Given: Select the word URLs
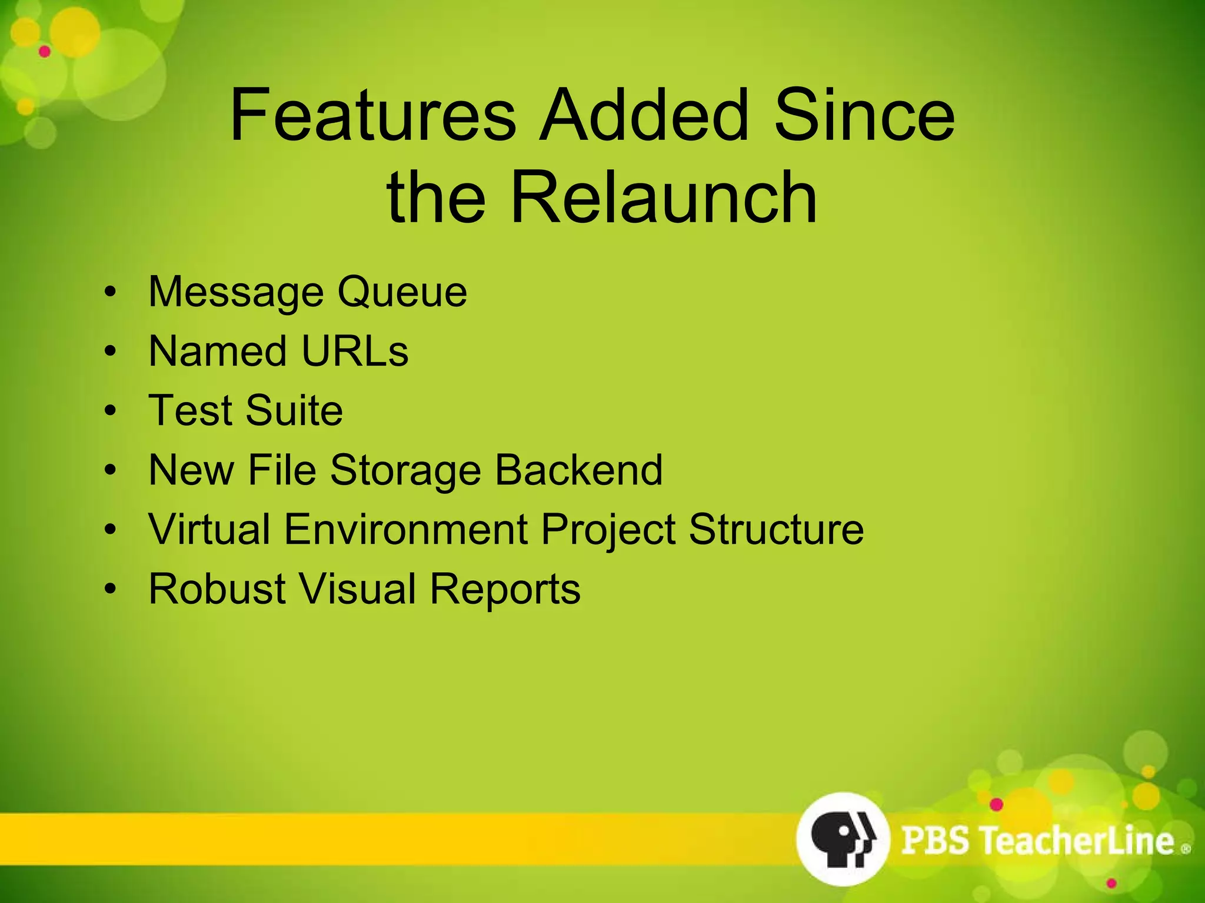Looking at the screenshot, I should tap(354, 351).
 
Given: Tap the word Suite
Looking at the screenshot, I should tap(294, 410).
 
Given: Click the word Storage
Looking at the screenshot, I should tap(405, 470).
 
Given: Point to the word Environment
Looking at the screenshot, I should tap(406, 529).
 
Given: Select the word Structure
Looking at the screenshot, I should tap(776, 529).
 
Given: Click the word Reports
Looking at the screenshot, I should tap(505, 588).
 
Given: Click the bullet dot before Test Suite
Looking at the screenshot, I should tap(111, 411).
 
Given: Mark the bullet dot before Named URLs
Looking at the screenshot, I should tap(111, 352).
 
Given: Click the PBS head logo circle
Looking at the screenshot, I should tap(843, 838).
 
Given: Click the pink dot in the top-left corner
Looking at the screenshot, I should tap(45, 52).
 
